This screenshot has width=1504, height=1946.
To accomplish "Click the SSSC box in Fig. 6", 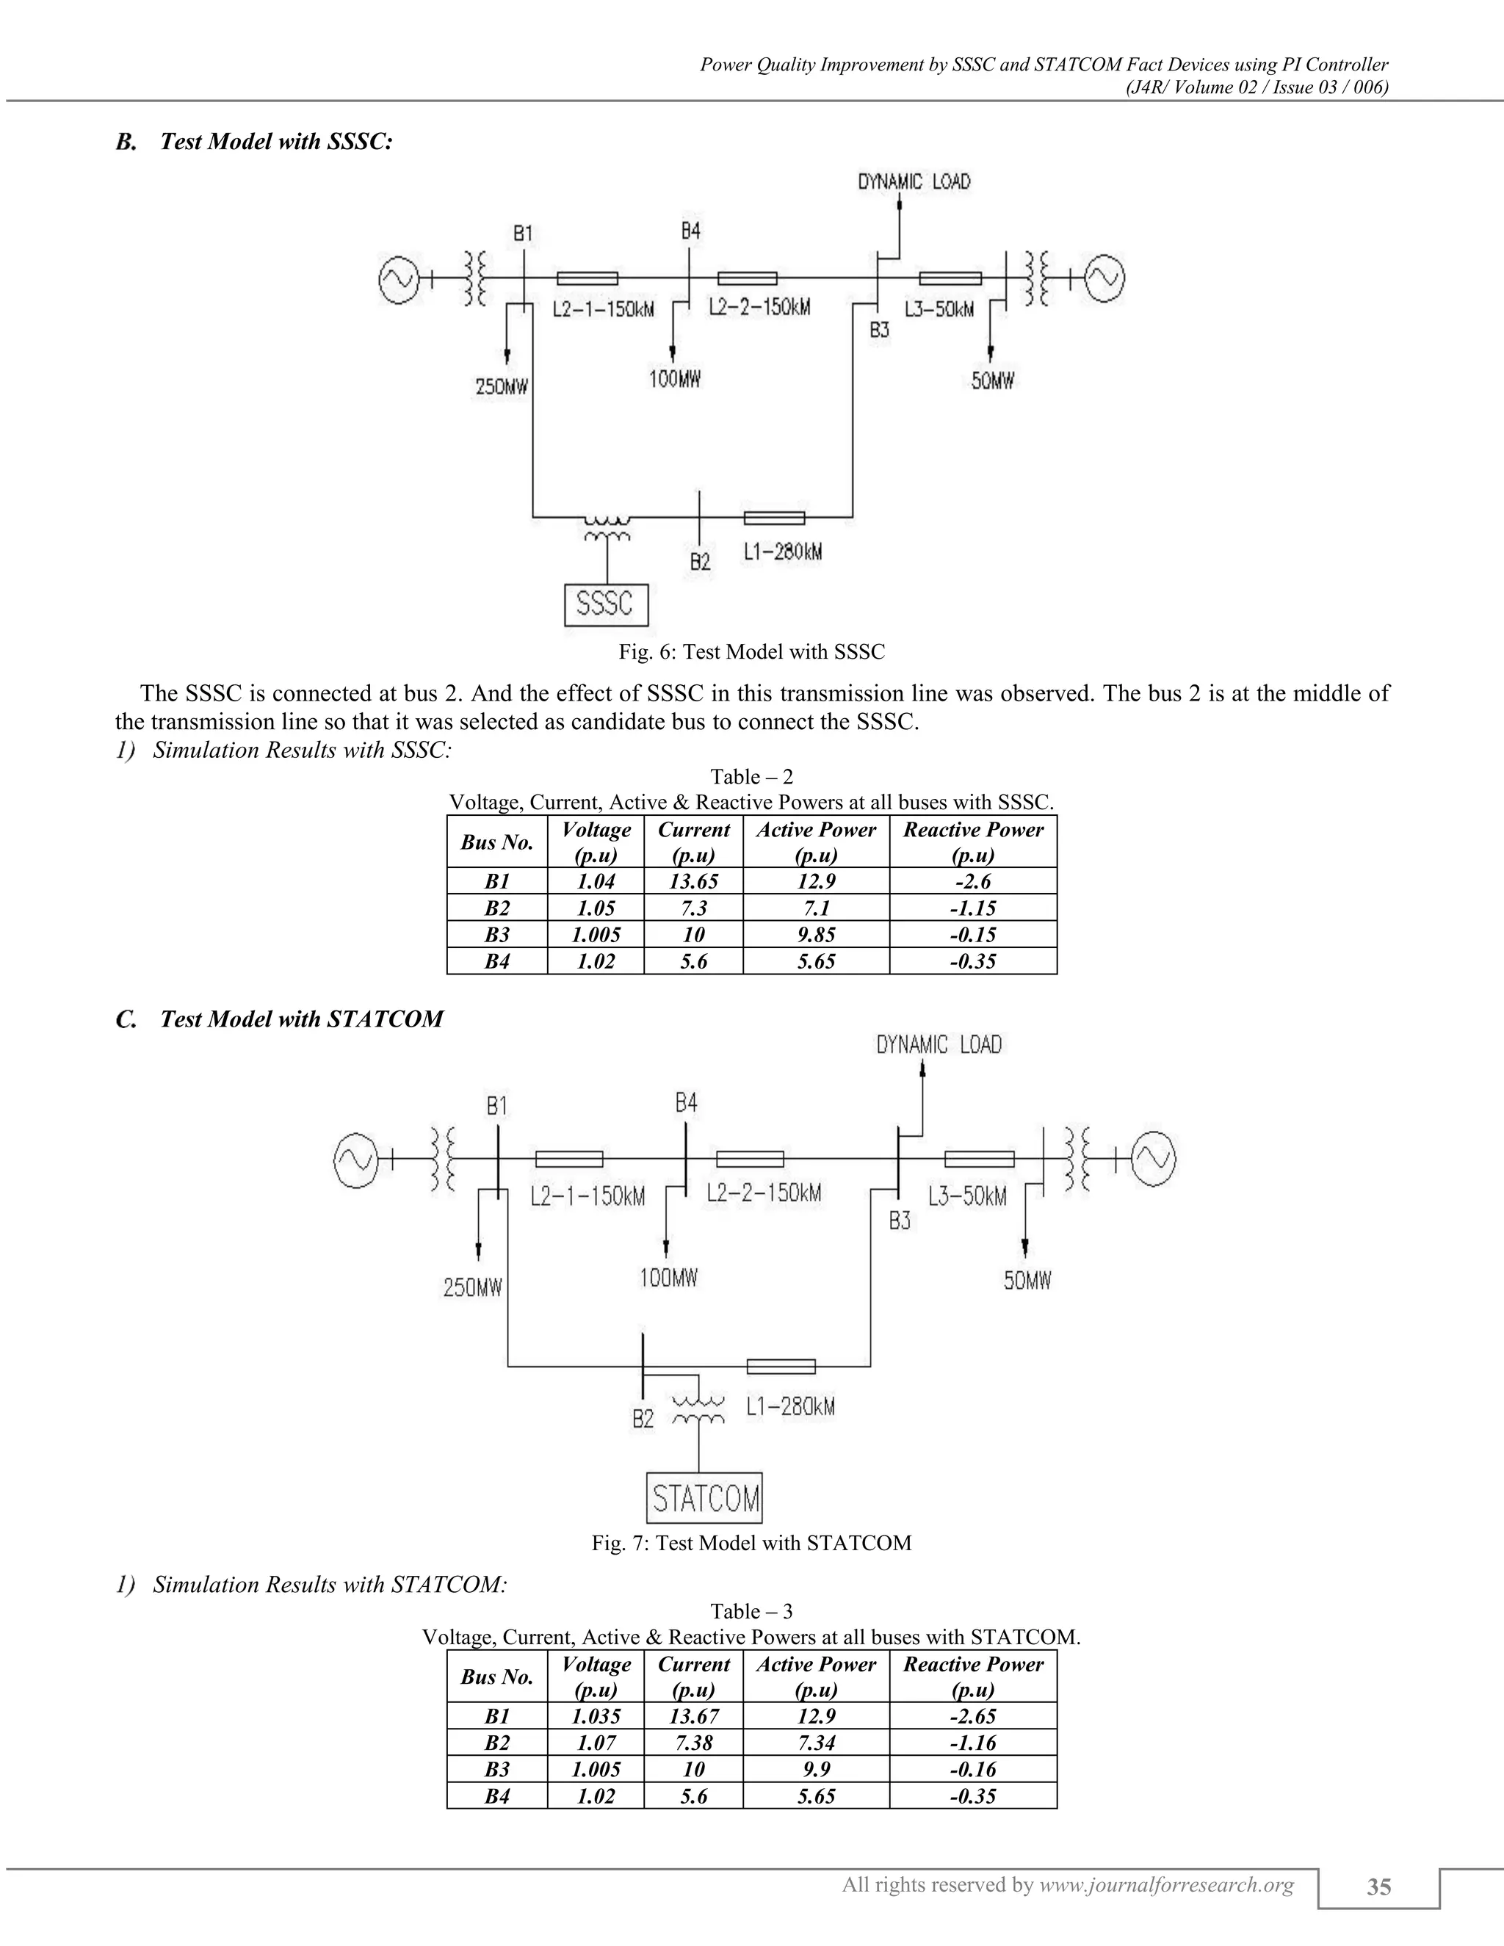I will [x=606, y=605].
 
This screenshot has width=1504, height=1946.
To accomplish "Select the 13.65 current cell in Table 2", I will [x=693, y=881].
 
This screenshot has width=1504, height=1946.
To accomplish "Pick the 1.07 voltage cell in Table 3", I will [x=595, y=1743].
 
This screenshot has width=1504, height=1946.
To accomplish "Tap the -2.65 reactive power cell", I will [x=972, y=1716].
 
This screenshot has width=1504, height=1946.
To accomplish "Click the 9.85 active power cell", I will [x=815, y=935].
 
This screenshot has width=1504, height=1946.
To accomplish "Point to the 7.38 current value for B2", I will [x=693, y=1743].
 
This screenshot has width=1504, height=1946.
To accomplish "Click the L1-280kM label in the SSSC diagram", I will [x=782, y=552].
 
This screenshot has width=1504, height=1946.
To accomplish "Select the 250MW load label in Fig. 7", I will [x=473, y=1287].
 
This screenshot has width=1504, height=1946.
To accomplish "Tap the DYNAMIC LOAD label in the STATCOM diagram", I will [x=939, y=1044].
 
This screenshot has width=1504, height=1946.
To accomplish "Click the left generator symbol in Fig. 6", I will [x=397, y=279].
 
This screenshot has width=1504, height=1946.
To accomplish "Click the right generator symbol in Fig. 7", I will [x=1153, y=1160].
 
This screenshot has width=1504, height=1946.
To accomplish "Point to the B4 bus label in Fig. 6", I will [x=690, y=231].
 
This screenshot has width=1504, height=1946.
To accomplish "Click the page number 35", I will [x=1378, y=1887].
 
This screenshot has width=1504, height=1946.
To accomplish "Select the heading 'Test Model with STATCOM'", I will [x=301, y=1019].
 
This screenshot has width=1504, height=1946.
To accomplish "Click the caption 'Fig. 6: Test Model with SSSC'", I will [x=752, y=652].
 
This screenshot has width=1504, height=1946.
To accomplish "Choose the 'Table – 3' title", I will [x=752, y=1611].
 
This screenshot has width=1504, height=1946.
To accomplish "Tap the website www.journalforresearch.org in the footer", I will [x=1166, y=1884].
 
